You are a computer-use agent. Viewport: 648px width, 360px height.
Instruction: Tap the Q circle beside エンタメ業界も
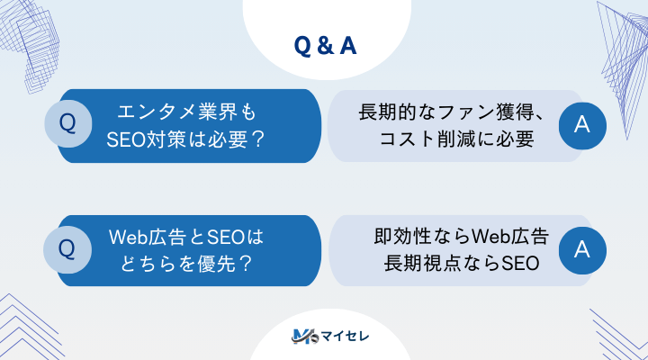(x=67, y=126)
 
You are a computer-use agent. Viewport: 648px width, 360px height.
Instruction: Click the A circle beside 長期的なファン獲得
(x=581, y=126)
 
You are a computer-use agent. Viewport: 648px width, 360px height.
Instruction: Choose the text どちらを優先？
(x=187, y=265)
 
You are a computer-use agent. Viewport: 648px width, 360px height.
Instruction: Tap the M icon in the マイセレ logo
(x=301, y=337)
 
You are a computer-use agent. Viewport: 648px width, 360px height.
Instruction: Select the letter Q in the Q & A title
(x=302, y=46)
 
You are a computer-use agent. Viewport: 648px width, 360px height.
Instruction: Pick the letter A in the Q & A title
(x=346, y=46)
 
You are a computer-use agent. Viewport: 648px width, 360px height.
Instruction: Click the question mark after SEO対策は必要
(x=257, y=139)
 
